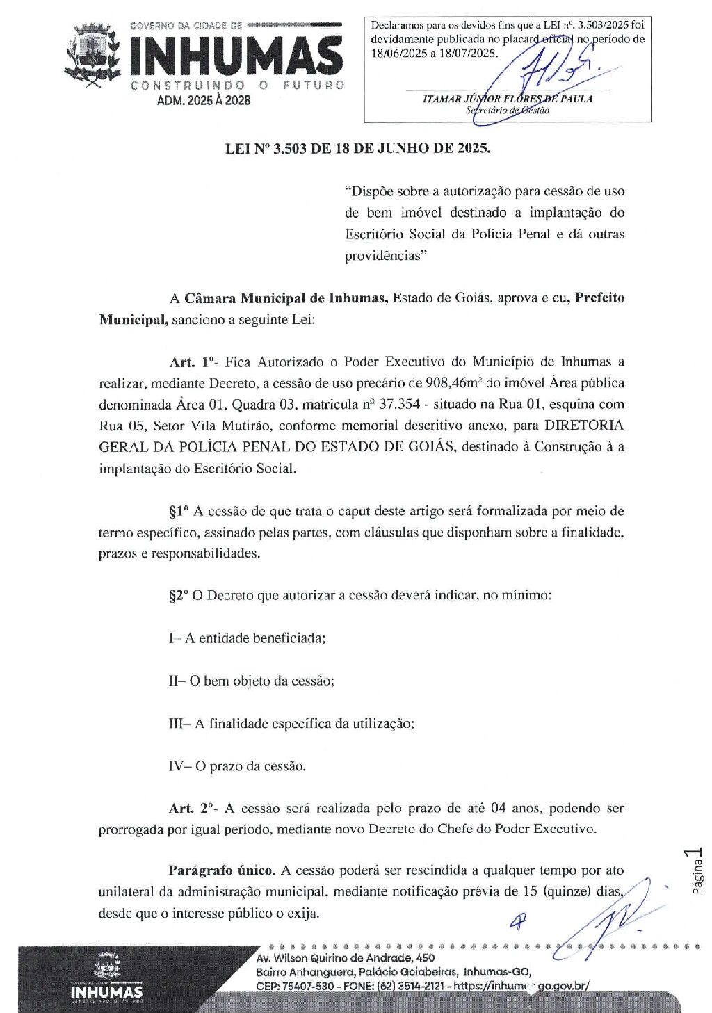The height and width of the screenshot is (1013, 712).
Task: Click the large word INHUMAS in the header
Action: click(x=236, y=56)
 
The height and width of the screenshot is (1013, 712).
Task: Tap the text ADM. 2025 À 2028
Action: click(x=204, y=100)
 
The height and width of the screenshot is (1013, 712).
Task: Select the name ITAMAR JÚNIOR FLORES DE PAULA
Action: click(x=508, y=99)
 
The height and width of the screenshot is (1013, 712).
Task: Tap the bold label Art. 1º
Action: click(x=191, y=362)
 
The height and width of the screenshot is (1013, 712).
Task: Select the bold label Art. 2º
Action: click(x=191, y=808)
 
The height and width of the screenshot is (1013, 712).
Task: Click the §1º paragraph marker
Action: click(x=179, y=511)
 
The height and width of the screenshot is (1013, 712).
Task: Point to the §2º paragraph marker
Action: click(x=179, y=596)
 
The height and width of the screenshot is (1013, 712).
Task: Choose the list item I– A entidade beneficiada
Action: click(x=247, y=638)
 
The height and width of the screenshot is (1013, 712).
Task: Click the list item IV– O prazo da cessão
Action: click(x=237, y=766)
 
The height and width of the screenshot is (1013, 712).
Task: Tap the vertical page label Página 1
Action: click(x=697, y=870)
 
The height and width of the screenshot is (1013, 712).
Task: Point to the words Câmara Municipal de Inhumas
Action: click(x=285, y=298)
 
